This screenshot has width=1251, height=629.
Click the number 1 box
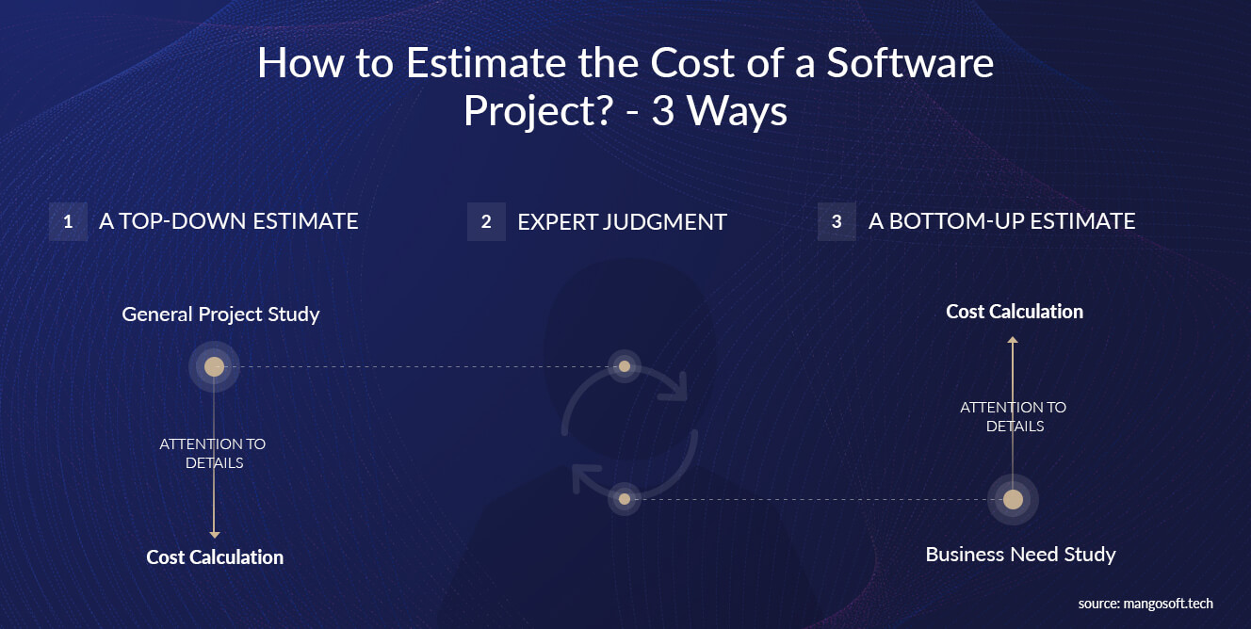click(68, 221)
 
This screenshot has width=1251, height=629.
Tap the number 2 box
click(486, 221)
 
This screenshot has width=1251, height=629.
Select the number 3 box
click(837, 221)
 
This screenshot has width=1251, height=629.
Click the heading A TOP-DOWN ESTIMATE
click(228, 221)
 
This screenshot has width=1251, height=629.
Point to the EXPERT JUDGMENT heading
click(622, 222)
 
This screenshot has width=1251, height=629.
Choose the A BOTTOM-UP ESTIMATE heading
click(1002, 221)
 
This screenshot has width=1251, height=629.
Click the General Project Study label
click(220, 314)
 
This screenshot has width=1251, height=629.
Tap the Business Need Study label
click(1021, 555)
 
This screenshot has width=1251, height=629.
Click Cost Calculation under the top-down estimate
click(215, 557)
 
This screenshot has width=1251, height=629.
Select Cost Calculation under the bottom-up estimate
click(1015, 312)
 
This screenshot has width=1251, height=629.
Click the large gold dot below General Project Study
click(214, 366)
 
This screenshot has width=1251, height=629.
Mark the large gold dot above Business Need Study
click(1013, 499)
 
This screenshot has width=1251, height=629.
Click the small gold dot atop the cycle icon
click(625, 366)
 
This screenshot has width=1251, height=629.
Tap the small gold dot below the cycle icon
click(625, 499)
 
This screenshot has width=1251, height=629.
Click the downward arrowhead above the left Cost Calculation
click(215, 535)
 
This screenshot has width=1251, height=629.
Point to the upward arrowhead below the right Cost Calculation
click(1013, 339)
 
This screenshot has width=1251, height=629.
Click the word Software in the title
click(910, 62)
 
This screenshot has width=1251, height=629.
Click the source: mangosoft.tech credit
click(1145, 604)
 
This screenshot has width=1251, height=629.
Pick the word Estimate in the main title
click(486, 62)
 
